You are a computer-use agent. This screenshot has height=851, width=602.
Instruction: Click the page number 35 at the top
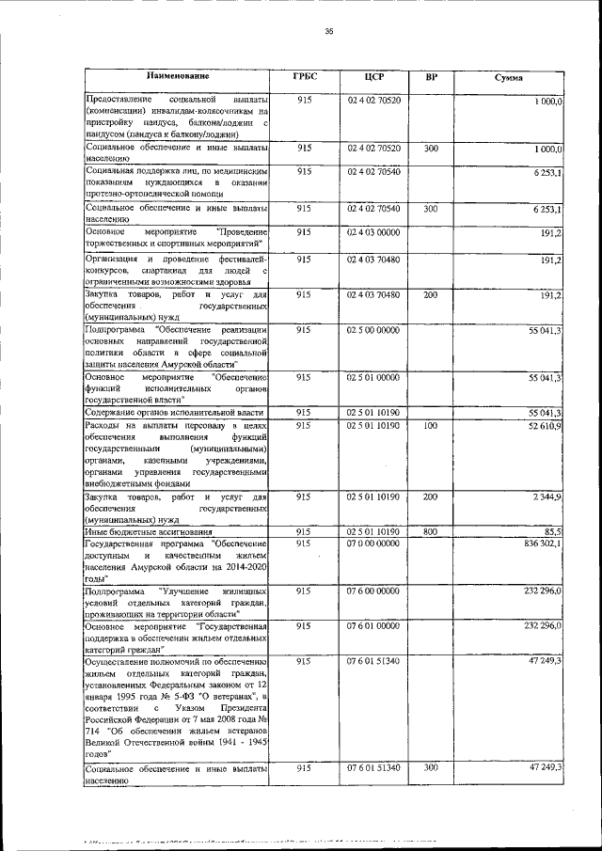329,31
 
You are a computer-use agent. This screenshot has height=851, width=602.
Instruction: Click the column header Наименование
177,75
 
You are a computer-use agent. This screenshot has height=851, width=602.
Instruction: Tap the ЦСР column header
374,77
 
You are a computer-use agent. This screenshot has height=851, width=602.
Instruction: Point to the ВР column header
431,76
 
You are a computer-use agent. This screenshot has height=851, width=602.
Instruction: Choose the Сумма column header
509,77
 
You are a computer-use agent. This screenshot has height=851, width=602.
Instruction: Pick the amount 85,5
552,531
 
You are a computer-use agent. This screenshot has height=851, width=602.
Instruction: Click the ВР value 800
431,531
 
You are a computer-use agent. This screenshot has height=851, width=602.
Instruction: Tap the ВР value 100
431,426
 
